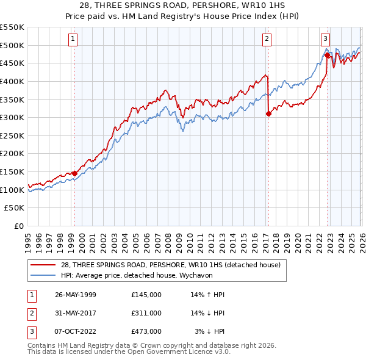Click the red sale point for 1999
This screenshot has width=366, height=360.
point(75,173)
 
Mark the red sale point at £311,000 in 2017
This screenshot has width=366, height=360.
point(268,113)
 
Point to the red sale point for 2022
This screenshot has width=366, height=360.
point(327,55)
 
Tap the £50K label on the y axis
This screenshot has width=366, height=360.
point(15,208)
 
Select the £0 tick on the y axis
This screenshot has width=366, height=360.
point(19,226)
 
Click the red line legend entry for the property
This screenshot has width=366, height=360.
point(170,265)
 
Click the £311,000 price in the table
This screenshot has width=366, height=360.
point(146,313)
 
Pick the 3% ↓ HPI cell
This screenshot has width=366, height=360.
point(210,331)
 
